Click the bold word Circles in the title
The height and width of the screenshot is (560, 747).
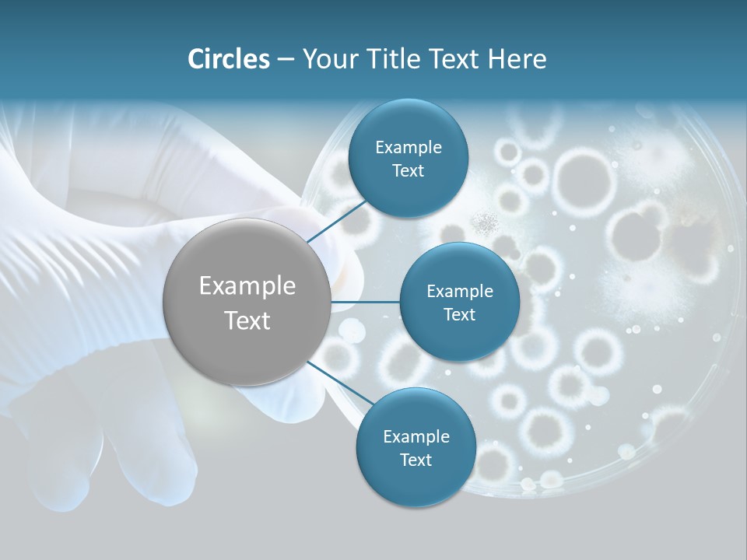pyautogui.click(x=228, y=59)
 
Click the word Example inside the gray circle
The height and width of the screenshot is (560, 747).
pyautogui.click(x=247, y=286)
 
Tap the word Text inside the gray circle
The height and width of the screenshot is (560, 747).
pyautogui.click(x=247, y=320)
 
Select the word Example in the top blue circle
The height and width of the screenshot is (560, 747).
pyautogui.click(x=409, y=148)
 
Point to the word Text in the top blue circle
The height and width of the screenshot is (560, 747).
pyautogui.click(x=408, y=171)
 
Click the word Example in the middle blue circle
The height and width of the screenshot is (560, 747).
pyautogui.click(x=460, y=292)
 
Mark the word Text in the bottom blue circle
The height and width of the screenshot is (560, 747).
pyautogui.click(x=416, y=460)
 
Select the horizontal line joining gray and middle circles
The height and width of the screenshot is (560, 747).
pyautogui.click(x=365, y=302)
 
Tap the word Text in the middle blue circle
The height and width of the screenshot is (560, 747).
pyautogui.click(x=459, y=315)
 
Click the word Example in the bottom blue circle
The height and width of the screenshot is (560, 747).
pyautogui.click(x=416, y=437)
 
